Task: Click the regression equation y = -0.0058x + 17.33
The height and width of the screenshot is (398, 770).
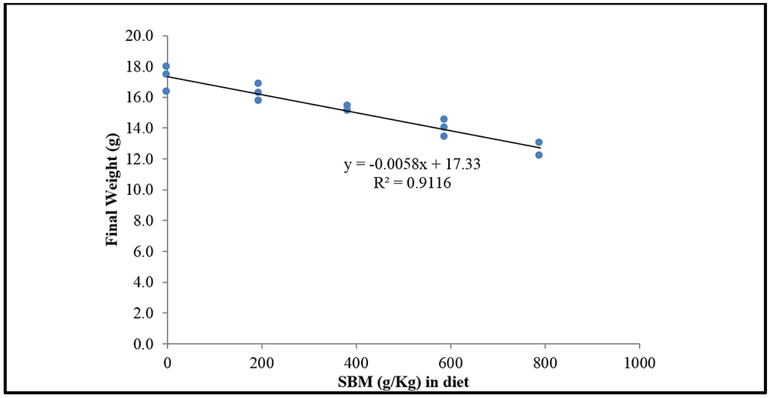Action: pyautogui.click(x=412, y=165)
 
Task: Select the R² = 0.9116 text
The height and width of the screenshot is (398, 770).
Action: pyautogui.click(x=412, y=184)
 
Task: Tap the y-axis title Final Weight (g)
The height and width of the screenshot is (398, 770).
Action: pyautogui.click(x=112, y=189)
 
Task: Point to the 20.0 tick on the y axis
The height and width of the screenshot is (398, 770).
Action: pyautogui.click(x=145, y=35)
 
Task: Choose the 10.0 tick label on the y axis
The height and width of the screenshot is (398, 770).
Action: pyautogui.click(x=145, y=189)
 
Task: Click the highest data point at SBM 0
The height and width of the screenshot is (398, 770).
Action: pyautogui.click(x=166, y=66)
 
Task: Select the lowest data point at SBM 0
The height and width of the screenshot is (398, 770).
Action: pyautogui.click(x=166, y=91)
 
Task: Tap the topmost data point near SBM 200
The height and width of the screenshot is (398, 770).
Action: pyautogui.click(x=258, y=83)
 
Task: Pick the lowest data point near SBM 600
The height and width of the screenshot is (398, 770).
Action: pyautogui.click(x=444, y=136)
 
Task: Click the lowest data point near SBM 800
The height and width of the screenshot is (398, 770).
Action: pyautogui.click(x=539, y=155)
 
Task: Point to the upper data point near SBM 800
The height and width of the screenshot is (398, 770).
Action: pyautogui.click(x=539, y=142)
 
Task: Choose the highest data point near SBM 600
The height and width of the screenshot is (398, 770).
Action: pyautogui.click(x=444, y=119)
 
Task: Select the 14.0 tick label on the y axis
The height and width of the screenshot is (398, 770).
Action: pyautogui.click(x=145, y=128)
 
